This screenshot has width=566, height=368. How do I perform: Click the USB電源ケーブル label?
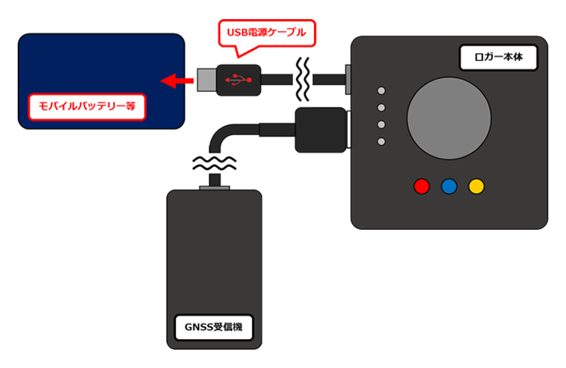pyautogui.click(x=266, y=32)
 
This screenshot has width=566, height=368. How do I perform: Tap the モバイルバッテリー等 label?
pyautogui.click(x=87, y=107)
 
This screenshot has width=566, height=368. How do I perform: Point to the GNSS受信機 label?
pyautogui.click(x=213, y=327)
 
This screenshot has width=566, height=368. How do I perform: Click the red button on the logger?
pyautogui.click(x=422, y=186)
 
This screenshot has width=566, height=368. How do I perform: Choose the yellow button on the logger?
pyautogui.click(x=476, y=186)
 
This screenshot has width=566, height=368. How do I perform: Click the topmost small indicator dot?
pyautogui.click(x=382, y=91)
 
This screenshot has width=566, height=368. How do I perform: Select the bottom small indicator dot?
pyautogui.click(x=382, y=142)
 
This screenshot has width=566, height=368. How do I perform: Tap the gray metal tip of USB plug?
pyautogui.click(x=206, y=80)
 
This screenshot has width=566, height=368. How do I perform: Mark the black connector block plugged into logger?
pyautogui.click(x=320, y=130)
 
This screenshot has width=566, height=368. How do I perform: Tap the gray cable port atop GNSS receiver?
pyautogui.click(x=213, y=188)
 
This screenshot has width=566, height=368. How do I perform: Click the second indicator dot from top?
pyautogui.click(x=382, y=108)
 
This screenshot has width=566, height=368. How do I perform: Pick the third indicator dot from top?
pyautogui.click(x=382, y=125)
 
